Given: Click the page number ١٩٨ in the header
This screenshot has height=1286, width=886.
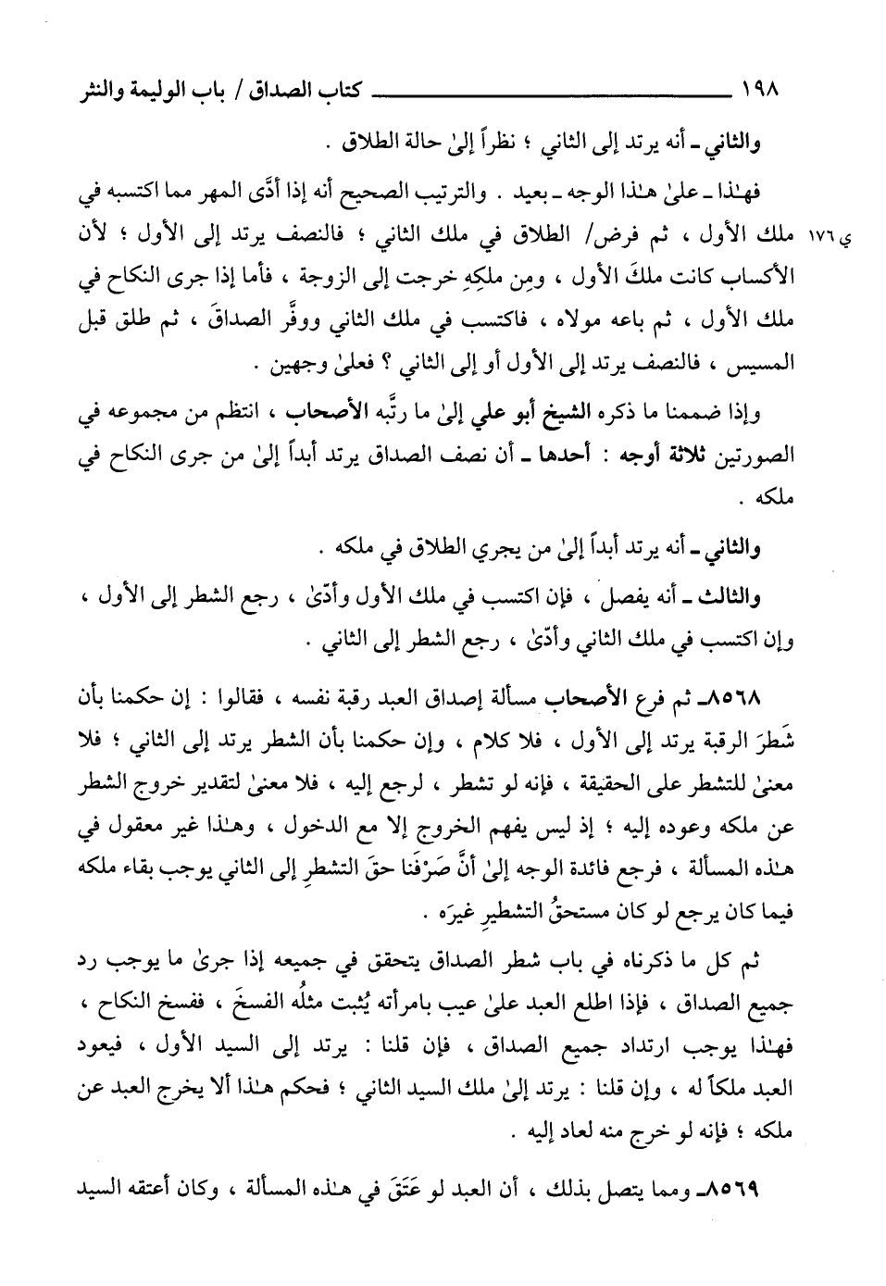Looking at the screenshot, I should coord(761,93).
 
